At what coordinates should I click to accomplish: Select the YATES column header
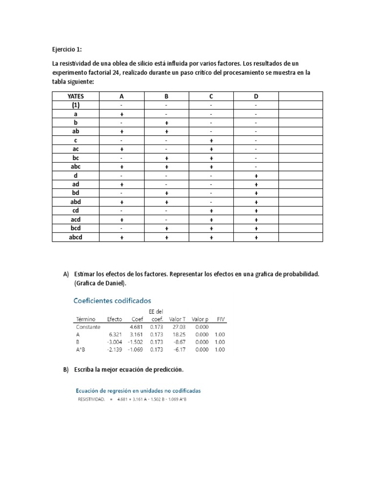point(75,96)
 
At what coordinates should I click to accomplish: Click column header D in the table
point(255,96)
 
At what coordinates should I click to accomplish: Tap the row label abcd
point(75,237)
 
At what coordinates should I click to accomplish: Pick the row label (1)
point(75,105)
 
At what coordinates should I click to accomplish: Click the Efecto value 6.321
point(115,335)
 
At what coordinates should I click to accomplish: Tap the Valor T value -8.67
point(179,343)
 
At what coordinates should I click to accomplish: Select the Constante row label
point(88,327)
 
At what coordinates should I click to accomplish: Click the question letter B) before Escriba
point(66,370)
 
